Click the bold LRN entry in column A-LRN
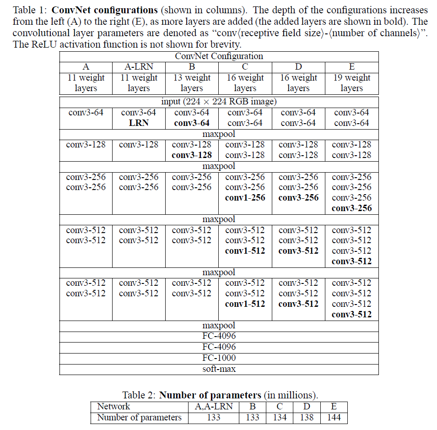[x=139, y=123]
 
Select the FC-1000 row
[x=219, y=358]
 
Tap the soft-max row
[x=219, y=369]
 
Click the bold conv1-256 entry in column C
[x=245, y=198]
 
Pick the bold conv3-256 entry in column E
[x=351, y=208]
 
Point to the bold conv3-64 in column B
[x=192, y=123]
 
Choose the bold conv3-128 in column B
[x=192, y=155]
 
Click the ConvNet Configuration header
[x=219, y=56]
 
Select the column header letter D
[x=298, y=67]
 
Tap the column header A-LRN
[x=139, y=67]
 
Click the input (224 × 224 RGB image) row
[x=219, y=102]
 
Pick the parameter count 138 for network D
[x=307, y=417]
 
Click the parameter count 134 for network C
[x=280, y=417]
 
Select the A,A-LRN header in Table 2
[x=213, y=407]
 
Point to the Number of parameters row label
[x=139, y=417]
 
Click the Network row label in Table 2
[x=113, y=407]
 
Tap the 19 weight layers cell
[x=351, y=83]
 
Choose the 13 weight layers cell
[x=192, y=83]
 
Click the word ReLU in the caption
[x=44, y=44]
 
